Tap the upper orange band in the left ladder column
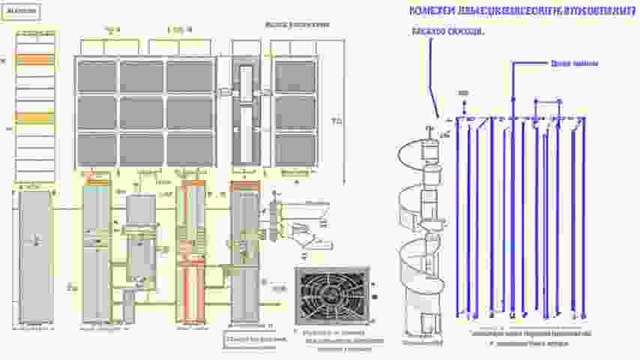(x=35, y=59)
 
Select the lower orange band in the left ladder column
(x=35, y=118)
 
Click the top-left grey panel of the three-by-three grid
(x=96, y=76)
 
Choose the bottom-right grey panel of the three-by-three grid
(x=190, y=148)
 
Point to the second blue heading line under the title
(x=448, y=32)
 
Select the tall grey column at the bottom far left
(x=34, y=255)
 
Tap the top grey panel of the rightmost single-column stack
(x=295, y=76)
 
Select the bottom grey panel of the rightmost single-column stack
(x=295, y=148)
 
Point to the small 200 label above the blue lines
(x=462, y=93)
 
